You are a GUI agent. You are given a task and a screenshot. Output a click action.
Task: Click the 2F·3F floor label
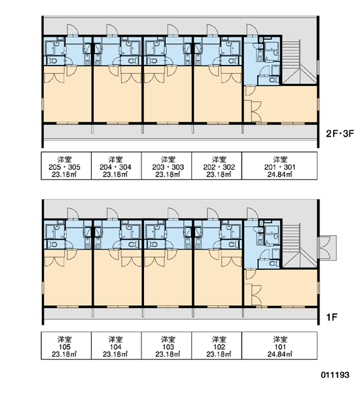point(340,134)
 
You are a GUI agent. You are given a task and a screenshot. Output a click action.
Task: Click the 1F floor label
point(332,317)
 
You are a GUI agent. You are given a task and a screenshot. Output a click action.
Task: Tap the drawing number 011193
point(335,375)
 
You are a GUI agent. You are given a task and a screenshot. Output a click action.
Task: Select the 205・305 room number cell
point(66,166)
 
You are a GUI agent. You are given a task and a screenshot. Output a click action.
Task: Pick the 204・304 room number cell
point(117,166)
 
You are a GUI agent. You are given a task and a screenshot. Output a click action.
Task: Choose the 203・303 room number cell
point(167,166)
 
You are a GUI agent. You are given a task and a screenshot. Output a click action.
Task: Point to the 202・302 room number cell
point(217,166)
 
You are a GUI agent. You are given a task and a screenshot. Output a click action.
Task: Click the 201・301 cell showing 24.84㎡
point(279,166)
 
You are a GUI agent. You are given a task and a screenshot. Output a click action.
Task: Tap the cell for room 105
point(66,346)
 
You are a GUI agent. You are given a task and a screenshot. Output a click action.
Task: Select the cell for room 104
point(117,346)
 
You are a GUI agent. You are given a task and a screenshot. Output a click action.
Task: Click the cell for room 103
point(167,346)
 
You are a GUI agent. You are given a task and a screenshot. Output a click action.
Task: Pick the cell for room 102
point(217,346)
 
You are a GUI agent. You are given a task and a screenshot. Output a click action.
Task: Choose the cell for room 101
point(279,346)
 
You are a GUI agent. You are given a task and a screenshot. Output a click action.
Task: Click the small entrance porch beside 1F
point(327,248)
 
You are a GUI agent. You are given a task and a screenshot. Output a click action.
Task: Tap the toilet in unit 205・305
point(52,61)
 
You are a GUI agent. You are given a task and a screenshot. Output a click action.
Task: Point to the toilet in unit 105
point(52,244)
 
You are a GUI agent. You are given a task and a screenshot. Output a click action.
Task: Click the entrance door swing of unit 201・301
point(252,29)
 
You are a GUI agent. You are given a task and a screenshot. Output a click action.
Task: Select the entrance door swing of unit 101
point(252,214)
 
